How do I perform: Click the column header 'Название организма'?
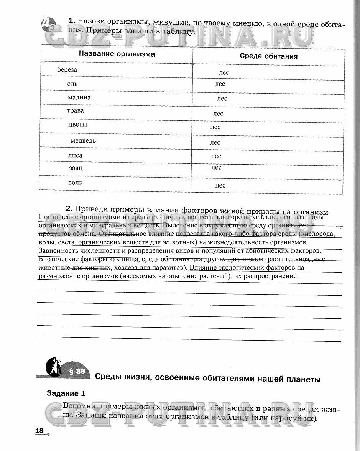click(x=117, y=54)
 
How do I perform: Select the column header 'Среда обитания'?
click(x=268, y=56)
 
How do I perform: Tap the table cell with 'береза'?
click(x=67, y=70)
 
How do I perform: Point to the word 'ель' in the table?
click(x=72, y=84)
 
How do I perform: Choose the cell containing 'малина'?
click(x=79, y=97)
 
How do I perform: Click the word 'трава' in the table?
click(x=75, y=111)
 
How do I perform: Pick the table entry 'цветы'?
click(x=77, y=125)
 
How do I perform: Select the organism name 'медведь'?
click(x=83, y=141)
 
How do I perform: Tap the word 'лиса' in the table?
click(x=75, y=155)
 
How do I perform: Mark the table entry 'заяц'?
click(x=76, y=168)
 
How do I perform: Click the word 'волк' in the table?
click(x=76, y=183)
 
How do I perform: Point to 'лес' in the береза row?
click(x=224, y=72)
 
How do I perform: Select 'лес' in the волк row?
click(x=220, y=185)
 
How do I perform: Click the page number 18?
click(x=39, y=431)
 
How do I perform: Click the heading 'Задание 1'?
click(x=66, y=393)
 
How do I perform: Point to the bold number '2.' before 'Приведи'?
click(x=69, y=209)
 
